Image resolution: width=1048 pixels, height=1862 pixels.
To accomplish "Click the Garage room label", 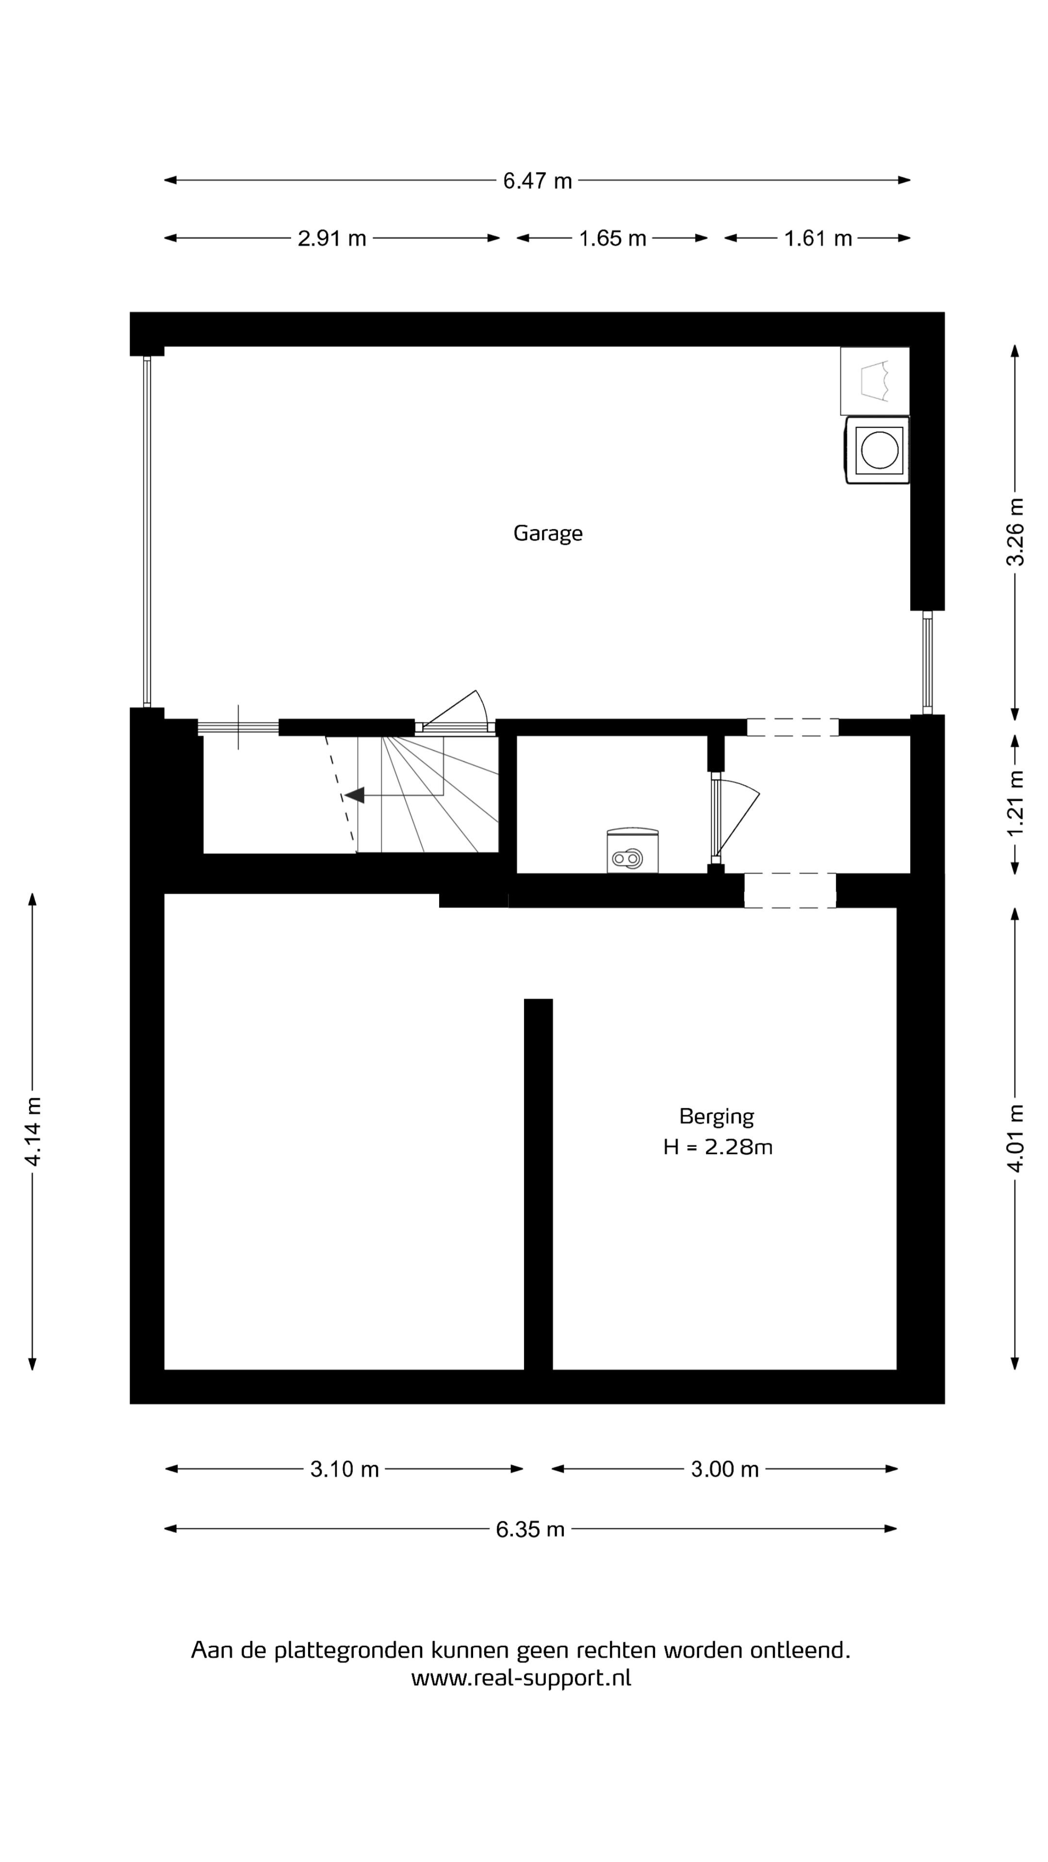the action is (x=547, y=533).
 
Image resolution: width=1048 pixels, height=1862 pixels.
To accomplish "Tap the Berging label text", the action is (x=716, y=1117).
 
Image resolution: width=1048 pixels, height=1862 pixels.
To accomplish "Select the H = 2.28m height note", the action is (x=718, y=1147).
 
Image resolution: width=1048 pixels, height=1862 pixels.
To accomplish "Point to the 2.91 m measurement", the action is (x=332, y=239).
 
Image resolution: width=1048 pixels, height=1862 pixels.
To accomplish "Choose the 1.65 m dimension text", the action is (x=612, y=239).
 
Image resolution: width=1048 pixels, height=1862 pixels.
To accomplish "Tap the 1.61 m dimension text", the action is (x=818, y=239).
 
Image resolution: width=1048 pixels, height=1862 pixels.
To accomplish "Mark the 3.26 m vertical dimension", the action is (x=1015, y=532).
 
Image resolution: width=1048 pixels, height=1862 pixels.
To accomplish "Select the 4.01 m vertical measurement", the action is (x=1015, y=1139).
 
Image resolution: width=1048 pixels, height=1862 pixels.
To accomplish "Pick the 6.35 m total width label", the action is (x=530, y=1529).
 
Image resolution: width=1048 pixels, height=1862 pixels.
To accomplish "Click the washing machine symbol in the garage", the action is (x=877, y=449).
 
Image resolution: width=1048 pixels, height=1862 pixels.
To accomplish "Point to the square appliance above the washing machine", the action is (x=874, y=381).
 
